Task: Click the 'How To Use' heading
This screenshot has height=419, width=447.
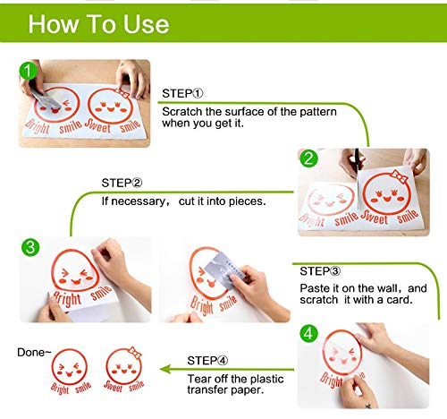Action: point(98,24)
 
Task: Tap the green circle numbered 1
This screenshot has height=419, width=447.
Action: point(28,71)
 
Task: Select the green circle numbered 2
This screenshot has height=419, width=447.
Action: point(308,158)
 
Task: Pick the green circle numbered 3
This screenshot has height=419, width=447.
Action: point(30,247)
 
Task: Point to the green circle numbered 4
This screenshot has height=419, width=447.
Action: point(308,333)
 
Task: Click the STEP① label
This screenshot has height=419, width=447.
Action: point(182,93)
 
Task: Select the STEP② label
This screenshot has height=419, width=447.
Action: point(122,183)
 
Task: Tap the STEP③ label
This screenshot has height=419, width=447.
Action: point(320,271)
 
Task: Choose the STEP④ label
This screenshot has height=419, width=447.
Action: point(207,361)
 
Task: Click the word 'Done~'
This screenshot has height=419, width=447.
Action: point(34,353)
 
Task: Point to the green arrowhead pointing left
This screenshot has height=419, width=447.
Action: point(165,369)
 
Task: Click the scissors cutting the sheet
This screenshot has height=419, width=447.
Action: point(358,167)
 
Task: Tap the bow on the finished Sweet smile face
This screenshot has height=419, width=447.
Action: point(135,353)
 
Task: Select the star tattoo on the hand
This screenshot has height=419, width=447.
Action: point(368,406)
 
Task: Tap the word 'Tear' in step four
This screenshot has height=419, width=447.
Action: point(199,379)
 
